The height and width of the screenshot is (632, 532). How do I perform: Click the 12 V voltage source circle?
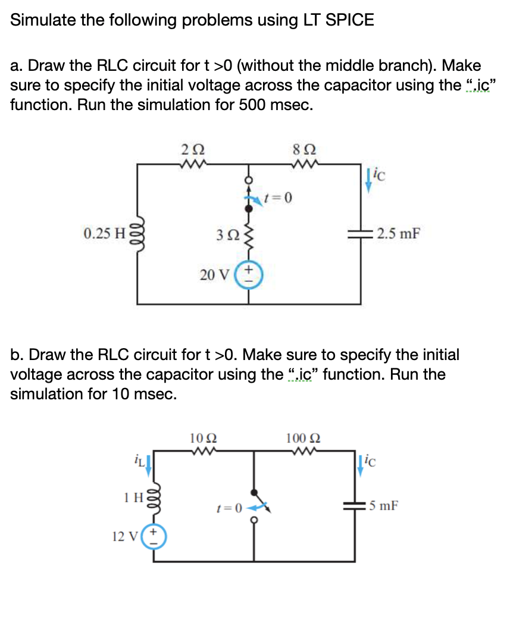click(155, 536)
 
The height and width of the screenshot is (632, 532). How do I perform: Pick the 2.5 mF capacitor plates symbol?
click(359, 233)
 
